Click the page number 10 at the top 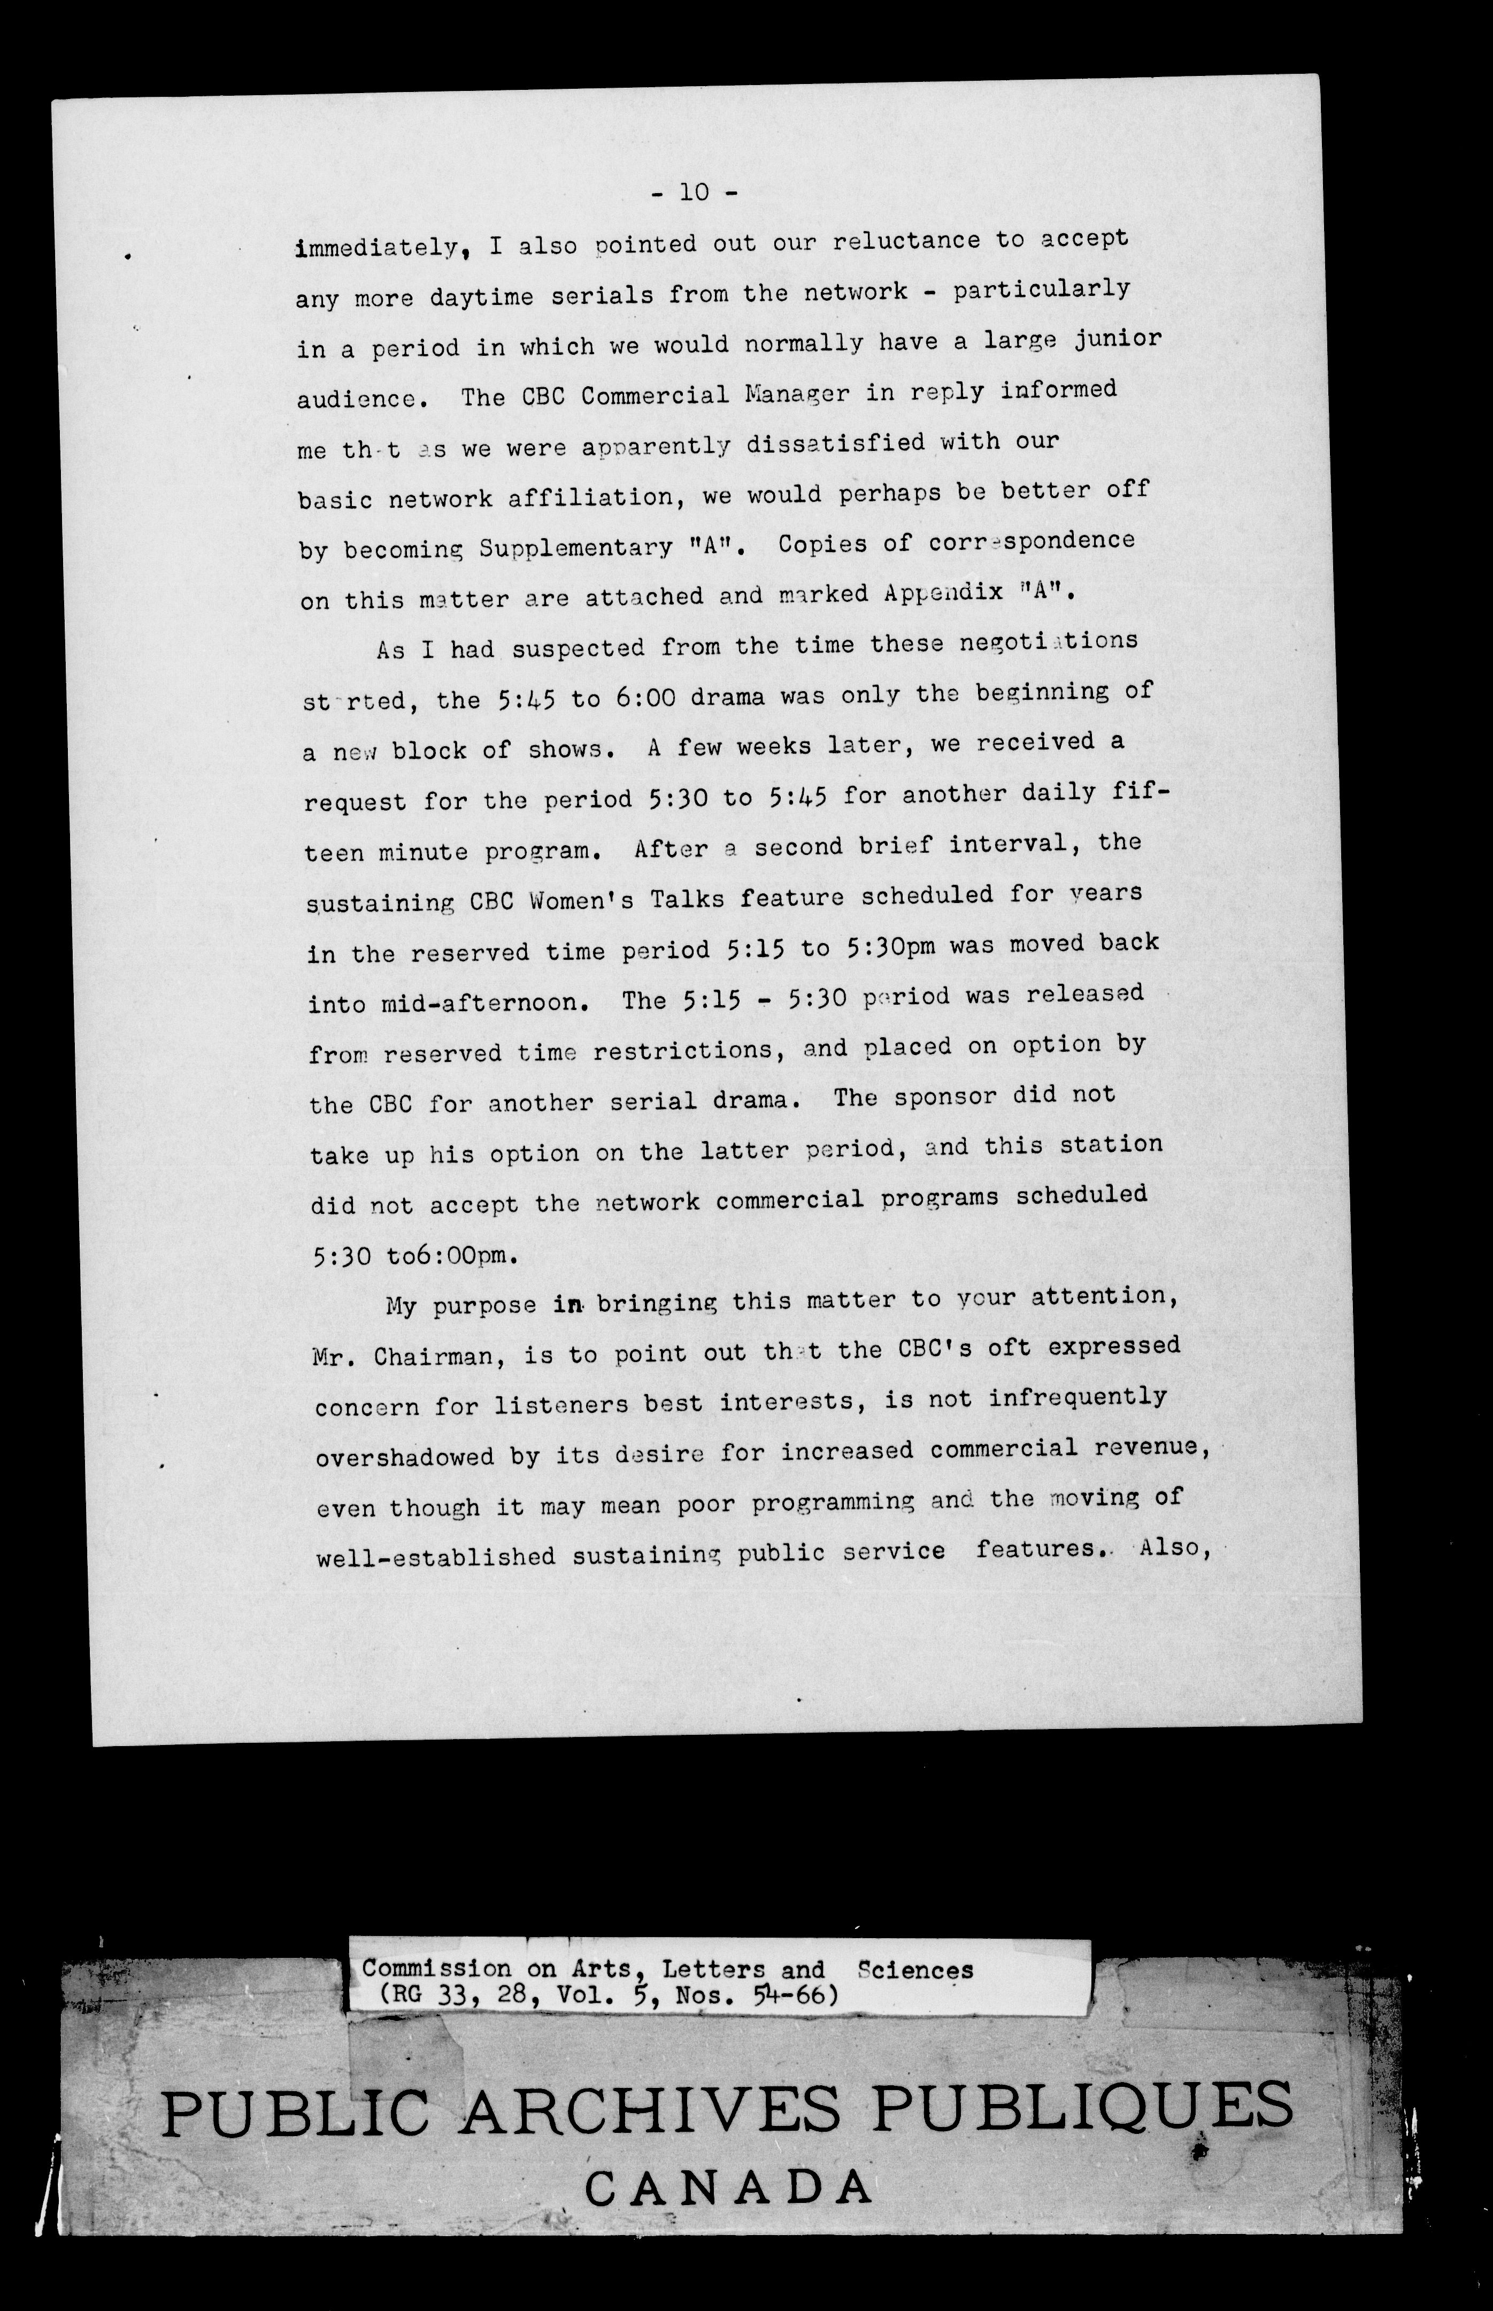[x=694, y=192]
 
